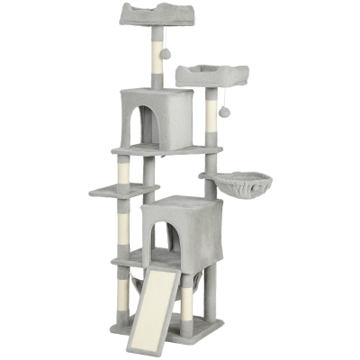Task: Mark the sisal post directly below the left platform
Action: (123, 225)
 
